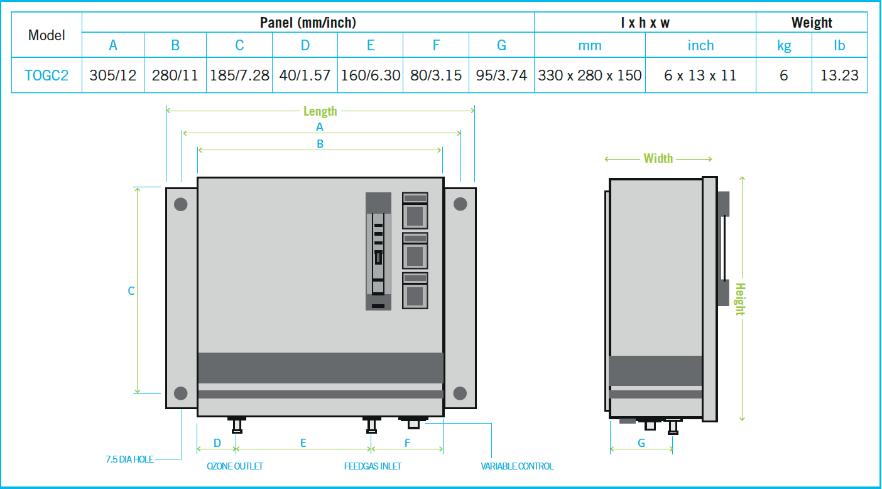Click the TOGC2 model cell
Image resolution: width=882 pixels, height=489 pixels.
[x=46, y=75]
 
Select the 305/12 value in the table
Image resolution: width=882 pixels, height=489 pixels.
[x=113, y=75]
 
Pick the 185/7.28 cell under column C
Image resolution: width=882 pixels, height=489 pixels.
[x=239, y=75]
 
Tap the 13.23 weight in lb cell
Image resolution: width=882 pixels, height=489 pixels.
[x=839, y=75]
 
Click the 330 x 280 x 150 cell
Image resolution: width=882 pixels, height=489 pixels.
[x=590, y=75]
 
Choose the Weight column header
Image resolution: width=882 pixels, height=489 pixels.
[x=812, y=23]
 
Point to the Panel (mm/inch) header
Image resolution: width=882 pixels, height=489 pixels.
[x=308, y=23]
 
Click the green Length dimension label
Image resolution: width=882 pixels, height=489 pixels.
[x=320, y=111]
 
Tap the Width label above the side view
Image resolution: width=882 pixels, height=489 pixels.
[x=658, y=158]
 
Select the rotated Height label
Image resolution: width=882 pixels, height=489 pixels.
[x=741, y=299]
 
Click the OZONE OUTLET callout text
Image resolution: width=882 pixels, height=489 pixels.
[x=235, y=466]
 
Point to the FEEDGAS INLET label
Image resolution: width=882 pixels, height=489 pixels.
[x=373, y=466]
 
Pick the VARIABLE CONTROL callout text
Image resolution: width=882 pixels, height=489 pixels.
[x=517, y=466]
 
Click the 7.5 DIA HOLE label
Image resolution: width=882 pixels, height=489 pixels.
[x=129, y=459]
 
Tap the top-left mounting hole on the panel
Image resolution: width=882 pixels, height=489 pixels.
[x=180, y=204]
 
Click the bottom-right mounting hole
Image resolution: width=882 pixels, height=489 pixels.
[x=460, y=393]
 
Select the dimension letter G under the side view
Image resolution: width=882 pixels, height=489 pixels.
[x=641, y=443]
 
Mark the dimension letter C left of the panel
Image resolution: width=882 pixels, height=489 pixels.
[x=131, y=291]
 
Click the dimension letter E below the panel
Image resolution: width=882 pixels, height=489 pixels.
[x=303, y=443]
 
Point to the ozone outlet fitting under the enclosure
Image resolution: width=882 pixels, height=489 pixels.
[x=237, y=425]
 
